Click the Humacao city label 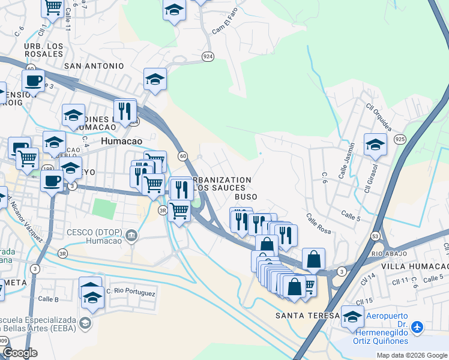pos(124,141)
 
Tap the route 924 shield pos(208,56)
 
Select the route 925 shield pos(399,139)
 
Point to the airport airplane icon pos(418,327)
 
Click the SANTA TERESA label pos(303,316)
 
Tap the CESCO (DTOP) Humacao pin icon pos(132,236)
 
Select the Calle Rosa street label pos(318,224)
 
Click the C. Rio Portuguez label pos(131,293)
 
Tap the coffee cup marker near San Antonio pos(34,81)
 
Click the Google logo pos(20,353)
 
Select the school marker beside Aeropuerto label pos(352,316)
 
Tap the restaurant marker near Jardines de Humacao pos(125,111)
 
